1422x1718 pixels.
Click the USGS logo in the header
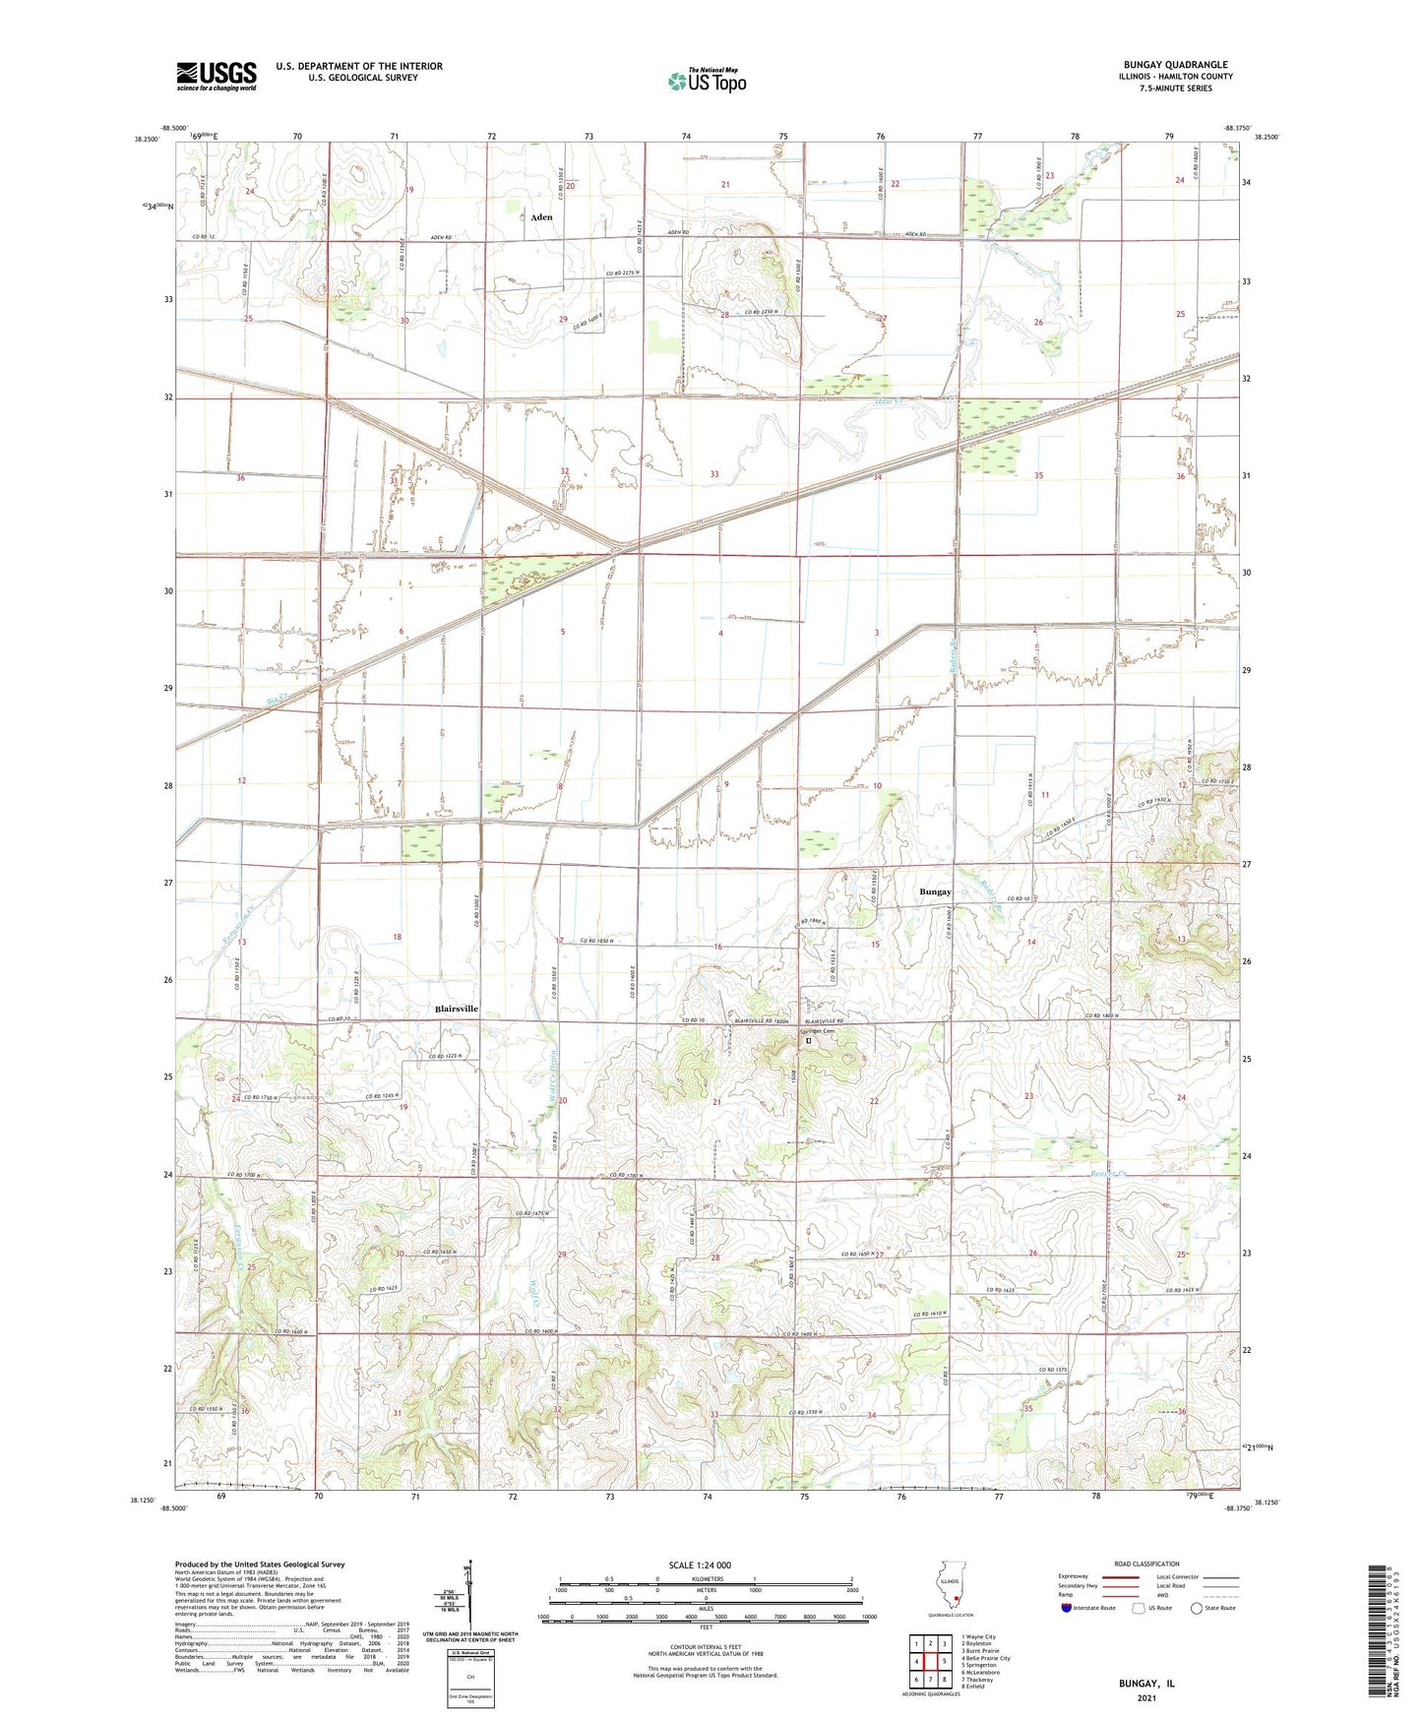point(216,76)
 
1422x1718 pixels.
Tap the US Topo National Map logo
point(706,81)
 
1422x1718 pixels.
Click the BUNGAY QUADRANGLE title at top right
point(1175,65)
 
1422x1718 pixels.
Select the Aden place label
point(541,216)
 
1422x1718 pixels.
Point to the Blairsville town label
point(457,1009)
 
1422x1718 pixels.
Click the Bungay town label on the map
point(935,891)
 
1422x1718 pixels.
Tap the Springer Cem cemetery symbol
point(809,1040)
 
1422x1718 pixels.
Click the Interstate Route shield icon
point(1066,1608)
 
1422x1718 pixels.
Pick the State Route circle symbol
point(1197,1608)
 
